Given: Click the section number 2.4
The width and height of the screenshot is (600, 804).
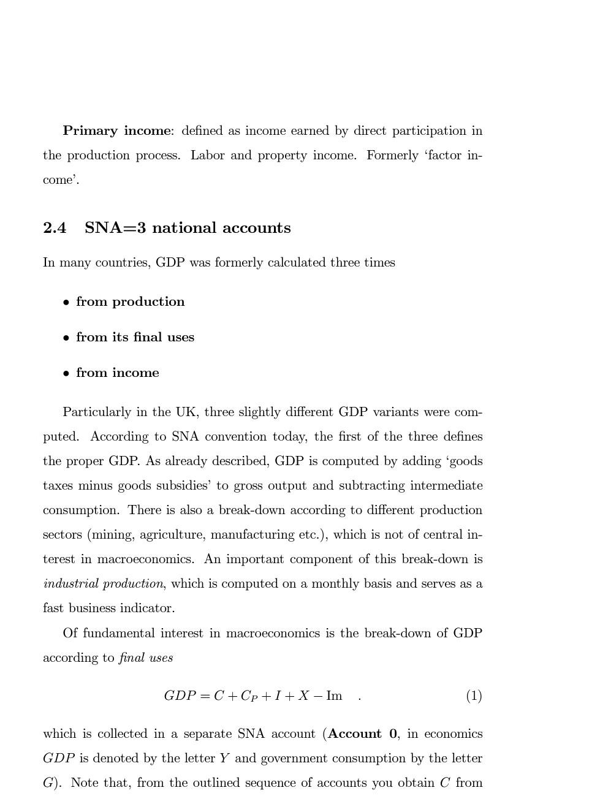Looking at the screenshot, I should coord(55,228).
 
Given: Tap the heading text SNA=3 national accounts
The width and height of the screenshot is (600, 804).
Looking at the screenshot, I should coord(188,228).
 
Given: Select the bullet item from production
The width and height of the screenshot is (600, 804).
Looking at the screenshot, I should coord(130,301).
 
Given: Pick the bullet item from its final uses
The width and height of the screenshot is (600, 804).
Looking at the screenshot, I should coord(135,337).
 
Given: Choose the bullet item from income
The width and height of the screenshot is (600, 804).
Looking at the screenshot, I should coord(117,373).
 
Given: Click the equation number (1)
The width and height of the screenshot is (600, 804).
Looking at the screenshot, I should coord(474,696).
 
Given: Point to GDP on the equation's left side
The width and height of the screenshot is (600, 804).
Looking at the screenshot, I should coord(179,696).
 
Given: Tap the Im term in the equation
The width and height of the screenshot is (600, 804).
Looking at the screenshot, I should coord(334,696).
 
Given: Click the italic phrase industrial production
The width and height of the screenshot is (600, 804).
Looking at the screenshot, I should coord(103,584).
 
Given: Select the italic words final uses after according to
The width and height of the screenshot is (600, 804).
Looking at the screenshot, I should coord(145,658).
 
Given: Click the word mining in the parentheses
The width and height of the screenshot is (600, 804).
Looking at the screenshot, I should coord(112,535).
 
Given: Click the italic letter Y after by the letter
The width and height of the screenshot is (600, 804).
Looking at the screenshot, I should coord(224,758).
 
